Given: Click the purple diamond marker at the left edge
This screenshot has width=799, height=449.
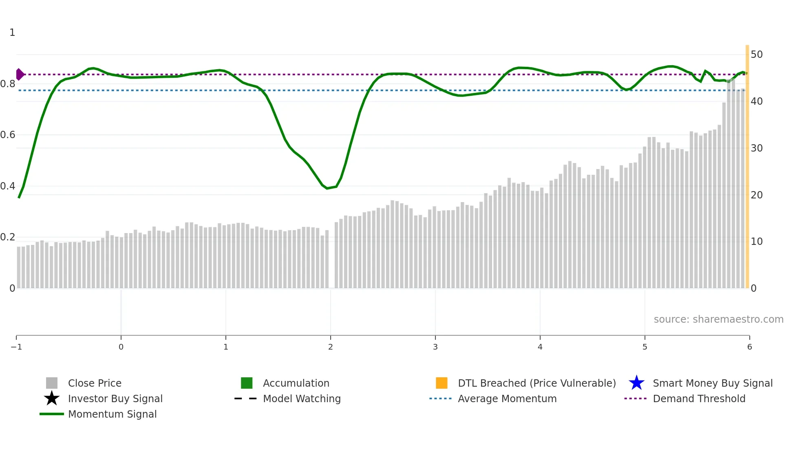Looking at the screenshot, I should click(19, 74).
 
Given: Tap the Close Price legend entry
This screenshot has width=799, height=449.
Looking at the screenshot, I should click(94, 383).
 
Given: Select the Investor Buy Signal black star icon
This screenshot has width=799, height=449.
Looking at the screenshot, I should click(52, 398).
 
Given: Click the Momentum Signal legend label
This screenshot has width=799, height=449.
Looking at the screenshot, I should click(112, 414).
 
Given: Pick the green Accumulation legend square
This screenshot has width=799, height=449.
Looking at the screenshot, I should click(247, 383).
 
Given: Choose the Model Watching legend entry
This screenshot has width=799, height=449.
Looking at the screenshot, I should click(301, 398).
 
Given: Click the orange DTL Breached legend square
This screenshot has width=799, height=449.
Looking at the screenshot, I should click(441, 383).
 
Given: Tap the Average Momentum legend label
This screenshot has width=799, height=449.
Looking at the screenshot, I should click(507, 398).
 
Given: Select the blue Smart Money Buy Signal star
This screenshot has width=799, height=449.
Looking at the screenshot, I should click(636, 383).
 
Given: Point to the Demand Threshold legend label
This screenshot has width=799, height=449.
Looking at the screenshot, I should click(699, 398).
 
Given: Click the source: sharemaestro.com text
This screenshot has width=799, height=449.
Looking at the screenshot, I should click(718, 319).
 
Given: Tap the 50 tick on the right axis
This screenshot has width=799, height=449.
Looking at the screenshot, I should click(757, 54).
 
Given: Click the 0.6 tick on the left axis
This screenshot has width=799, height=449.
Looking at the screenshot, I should click(8, 134).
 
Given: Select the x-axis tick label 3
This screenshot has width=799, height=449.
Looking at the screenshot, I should click(435, 347).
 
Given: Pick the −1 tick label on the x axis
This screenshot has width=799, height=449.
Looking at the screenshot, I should click(16, 347).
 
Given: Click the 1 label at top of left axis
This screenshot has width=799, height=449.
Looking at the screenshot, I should click(12, 32).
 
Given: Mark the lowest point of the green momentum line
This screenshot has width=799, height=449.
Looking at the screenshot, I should click(327, 188).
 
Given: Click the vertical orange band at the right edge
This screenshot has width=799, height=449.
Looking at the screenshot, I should click(747, 163).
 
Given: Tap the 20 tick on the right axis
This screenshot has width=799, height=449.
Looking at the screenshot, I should click(757, 195).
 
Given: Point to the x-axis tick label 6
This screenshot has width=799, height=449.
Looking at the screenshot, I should click(749, 347).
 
